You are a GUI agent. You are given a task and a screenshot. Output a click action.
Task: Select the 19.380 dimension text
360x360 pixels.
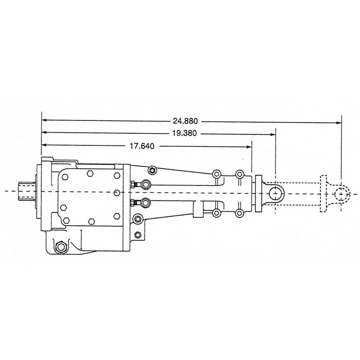point(184,133)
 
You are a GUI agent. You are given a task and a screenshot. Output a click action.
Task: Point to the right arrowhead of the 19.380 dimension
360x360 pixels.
point(273,134)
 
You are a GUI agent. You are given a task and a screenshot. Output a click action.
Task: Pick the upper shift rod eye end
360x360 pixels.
point(145,185)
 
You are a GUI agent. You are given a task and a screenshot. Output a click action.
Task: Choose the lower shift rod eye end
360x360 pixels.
point(145,203)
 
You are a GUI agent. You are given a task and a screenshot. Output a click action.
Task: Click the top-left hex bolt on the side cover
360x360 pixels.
point(65,177)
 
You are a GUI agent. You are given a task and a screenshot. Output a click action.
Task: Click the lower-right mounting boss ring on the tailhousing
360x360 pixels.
point(239,213)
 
